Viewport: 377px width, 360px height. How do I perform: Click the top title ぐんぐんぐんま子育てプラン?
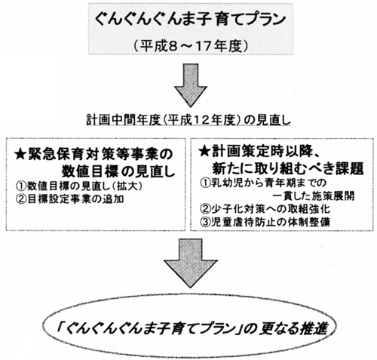(191, 21)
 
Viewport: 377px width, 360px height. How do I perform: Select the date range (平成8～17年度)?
(190, 46)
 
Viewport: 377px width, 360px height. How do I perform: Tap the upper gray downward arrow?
(191, 85)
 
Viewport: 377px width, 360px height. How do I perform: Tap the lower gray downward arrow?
(191, 263)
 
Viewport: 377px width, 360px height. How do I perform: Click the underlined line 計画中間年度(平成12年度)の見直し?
(188, 121)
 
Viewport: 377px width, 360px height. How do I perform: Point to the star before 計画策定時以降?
(204, 152)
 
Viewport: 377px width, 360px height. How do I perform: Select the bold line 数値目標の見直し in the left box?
(118, 172)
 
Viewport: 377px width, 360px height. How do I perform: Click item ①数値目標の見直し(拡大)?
(79, 186)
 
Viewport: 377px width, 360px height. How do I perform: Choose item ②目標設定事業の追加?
(70, 199)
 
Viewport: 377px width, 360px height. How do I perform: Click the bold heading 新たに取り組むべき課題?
(288, 168)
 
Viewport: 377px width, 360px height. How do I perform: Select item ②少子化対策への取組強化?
(265, 209)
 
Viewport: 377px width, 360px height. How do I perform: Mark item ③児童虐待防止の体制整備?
(265, 222)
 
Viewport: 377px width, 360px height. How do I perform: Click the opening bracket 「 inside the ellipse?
(60, 327)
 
